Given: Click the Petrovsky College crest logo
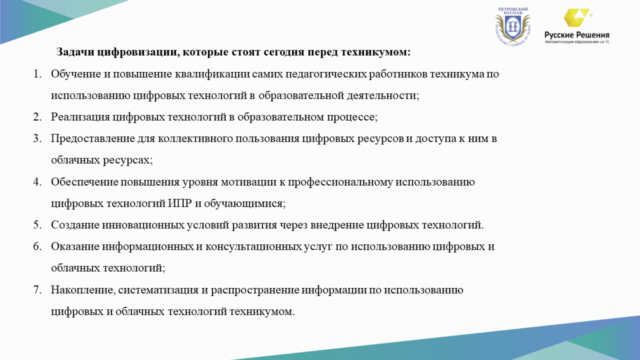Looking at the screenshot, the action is (513, 27).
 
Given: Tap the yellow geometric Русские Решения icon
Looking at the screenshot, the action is (577, 18).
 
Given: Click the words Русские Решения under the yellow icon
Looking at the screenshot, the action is (577, 35).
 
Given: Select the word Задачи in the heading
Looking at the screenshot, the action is (75, 52).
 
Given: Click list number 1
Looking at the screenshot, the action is (37, 74).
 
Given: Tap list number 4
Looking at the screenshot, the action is (37, 182).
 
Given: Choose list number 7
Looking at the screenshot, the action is (37, 290).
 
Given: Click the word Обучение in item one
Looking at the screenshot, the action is (76, 74).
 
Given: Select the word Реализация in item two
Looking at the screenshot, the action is (81, 117).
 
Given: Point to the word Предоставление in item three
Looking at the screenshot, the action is (93, 139).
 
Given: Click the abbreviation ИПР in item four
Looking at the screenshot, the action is (180, 203).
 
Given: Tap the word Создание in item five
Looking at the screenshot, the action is (75, 225).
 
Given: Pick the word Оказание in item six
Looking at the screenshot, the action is (75, 246).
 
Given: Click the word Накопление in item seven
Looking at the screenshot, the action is (83, 290).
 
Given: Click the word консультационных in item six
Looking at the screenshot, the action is (253, 246).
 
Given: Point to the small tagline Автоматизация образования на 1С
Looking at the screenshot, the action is (577, 42).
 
